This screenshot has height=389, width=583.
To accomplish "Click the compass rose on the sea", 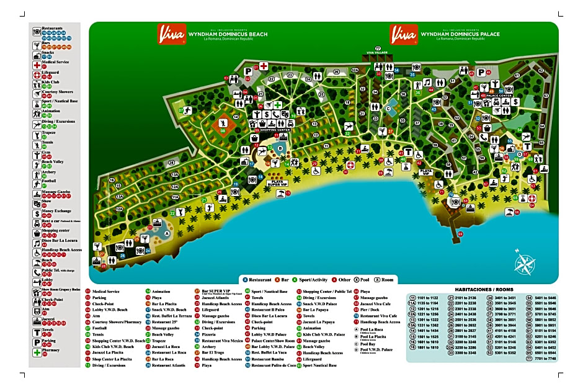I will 524,262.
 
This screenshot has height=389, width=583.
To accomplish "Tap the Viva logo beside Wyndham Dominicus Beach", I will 171,34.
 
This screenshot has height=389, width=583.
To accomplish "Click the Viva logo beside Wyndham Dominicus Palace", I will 403,34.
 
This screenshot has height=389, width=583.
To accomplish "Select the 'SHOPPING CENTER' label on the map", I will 271,130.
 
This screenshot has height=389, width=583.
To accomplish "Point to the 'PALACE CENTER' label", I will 498,96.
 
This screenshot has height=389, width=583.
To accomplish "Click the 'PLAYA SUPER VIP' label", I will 279,183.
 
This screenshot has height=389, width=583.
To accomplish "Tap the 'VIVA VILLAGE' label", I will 376,53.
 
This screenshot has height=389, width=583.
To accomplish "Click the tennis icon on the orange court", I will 223,124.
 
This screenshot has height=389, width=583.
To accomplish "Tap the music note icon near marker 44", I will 427,83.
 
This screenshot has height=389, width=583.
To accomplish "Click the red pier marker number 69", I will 459,234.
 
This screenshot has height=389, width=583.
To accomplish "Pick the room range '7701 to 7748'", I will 544,358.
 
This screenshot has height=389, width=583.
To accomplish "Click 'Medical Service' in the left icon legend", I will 55,62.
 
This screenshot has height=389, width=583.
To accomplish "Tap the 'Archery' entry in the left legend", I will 48,172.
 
